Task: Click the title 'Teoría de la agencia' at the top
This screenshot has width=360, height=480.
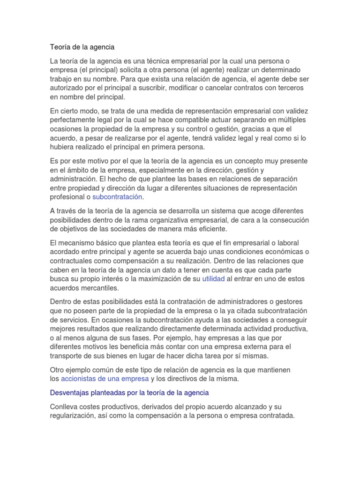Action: [82, 47]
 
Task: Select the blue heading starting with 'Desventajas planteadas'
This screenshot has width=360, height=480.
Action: [129, 392]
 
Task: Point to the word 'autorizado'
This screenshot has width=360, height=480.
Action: [67, 88]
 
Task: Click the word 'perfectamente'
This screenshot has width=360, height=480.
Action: [72, 120]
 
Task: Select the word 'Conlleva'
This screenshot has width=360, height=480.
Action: [64, 406]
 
